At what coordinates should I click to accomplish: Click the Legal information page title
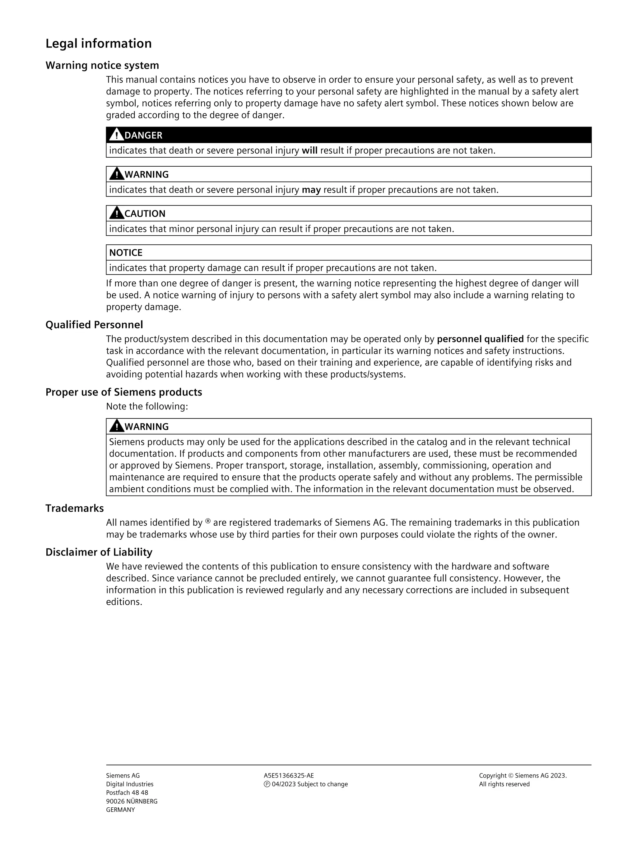[98, 44]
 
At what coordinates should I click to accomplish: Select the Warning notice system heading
[102, 65]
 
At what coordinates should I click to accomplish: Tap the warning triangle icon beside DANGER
[116, 135]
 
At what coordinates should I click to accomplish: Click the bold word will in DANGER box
[309, 150]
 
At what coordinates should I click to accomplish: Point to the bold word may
[311, 190]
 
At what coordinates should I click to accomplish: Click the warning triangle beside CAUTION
[116, 213]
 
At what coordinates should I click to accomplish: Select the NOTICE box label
[126, 252]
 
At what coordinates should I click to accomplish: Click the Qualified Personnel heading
[94, 325]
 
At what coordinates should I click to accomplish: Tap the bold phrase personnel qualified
[480, 339]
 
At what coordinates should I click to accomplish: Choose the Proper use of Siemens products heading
[124, 392]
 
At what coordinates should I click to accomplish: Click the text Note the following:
[147, 406]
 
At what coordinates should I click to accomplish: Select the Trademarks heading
[74, 508]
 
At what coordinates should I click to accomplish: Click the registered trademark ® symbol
[208, 521]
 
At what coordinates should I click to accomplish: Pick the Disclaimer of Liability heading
[99, 552]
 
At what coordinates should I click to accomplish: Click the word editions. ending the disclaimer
[124, 602]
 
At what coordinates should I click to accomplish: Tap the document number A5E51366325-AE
[289, 776]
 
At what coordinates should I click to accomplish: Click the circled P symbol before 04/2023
[267, 784]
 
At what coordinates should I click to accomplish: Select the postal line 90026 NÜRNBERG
[132, 801]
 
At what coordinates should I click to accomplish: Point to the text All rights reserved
[504, 784]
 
